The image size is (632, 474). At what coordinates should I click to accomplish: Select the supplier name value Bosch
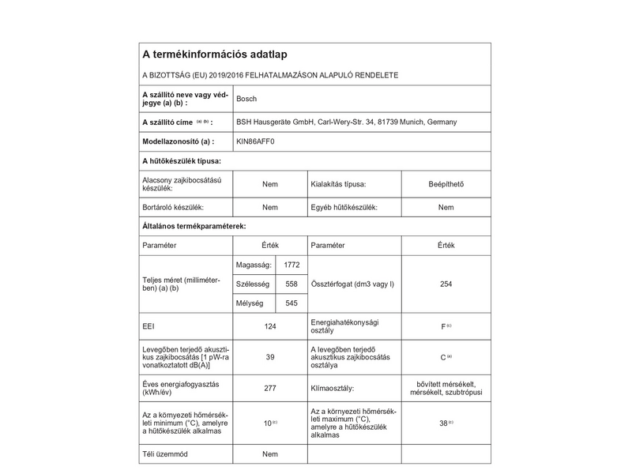246,99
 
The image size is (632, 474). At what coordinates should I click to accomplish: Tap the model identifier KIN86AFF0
257,141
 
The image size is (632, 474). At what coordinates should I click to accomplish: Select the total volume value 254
446,284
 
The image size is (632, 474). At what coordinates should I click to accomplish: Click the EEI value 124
270,326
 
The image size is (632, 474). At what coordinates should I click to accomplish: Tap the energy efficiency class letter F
443,326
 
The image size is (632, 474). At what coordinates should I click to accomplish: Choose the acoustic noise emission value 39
270,357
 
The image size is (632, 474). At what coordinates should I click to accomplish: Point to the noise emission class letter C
443,357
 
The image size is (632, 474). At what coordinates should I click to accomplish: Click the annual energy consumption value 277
270,388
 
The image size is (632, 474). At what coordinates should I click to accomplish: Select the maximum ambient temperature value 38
443,423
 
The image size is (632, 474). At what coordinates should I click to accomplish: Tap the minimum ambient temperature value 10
267,424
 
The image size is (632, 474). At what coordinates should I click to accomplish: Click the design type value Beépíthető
446,185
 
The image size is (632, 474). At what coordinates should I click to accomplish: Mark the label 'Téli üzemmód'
165,455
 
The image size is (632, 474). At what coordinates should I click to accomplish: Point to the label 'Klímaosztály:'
333,388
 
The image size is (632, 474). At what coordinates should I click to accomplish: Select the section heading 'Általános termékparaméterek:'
194,226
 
